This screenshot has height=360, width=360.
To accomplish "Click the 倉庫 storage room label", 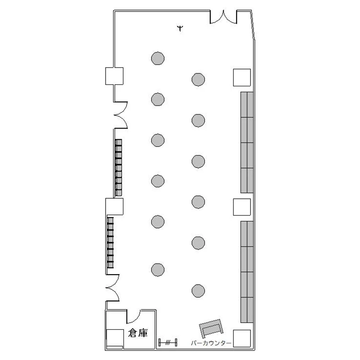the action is [x=138, y=333].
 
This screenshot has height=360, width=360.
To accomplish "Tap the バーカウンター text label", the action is [x=211, y=343].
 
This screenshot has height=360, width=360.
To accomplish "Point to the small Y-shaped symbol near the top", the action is [x=180, y=28].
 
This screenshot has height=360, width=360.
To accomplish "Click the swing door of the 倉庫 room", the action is [x=133, y=317].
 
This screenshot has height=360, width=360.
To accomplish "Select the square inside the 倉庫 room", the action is [x=115, y=338].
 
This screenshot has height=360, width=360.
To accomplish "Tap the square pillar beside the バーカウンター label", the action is [x=242, y=338].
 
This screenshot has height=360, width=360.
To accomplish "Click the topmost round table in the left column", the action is [x=158, y=58].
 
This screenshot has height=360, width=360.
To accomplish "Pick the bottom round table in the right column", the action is [x=198, y=291].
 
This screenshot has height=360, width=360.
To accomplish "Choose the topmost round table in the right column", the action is [x=198, y=79].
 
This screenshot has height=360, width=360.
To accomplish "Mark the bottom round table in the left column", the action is [x=158, y=270].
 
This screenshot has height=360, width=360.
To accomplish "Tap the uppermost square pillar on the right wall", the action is [x=242, y=78].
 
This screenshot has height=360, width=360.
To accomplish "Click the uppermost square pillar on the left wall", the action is [x=114, y=76].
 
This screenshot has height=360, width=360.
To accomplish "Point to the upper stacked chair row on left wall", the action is [x=119, y=168].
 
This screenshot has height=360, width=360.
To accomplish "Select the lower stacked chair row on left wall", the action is [x=110, y=243].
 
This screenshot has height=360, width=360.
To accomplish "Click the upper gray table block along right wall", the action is [x=247, y=143].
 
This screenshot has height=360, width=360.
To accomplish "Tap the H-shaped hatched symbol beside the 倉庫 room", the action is [x=168, y=342].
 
